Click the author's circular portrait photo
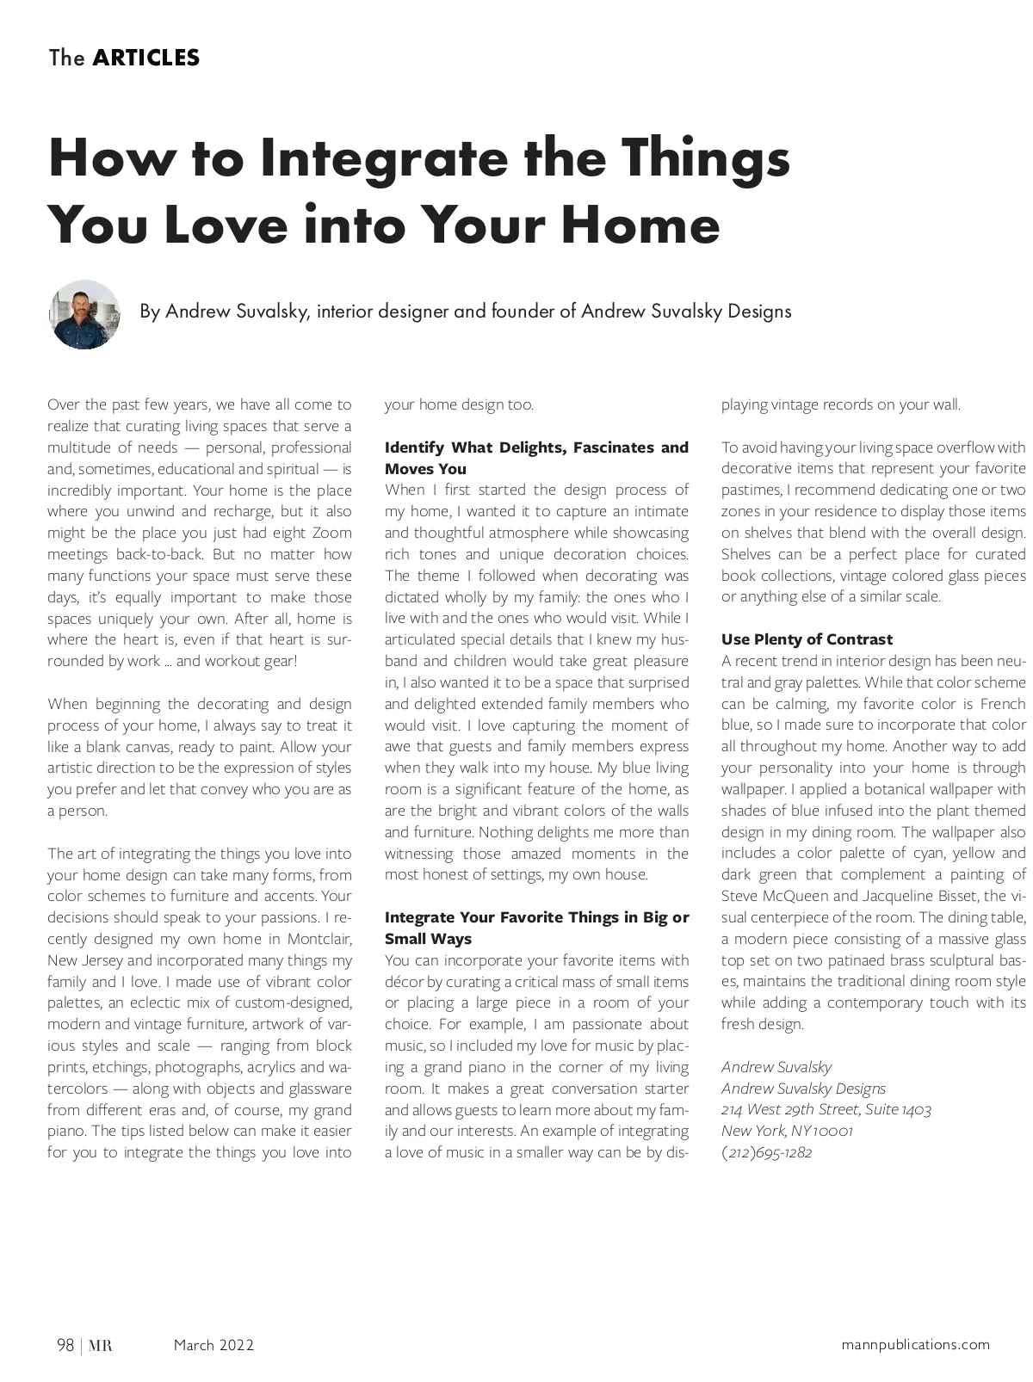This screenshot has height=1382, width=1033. (84, 314)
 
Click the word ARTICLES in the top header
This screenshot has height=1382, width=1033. (145, 58)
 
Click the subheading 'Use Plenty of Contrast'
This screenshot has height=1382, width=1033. (807, 639)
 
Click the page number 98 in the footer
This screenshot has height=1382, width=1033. (65, 1345)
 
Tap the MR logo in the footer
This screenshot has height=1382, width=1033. (101, 1345)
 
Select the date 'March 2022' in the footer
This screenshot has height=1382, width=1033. (213, 1345)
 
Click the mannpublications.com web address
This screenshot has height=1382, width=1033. (915, 1344)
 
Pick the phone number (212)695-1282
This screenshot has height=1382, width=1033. (766, 1152)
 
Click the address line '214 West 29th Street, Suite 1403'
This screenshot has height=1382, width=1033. (826, 1110)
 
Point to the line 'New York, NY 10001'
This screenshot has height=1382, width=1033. (787, 1131)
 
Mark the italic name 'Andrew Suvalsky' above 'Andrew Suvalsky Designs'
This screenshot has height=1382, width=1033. (776, 1067)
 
